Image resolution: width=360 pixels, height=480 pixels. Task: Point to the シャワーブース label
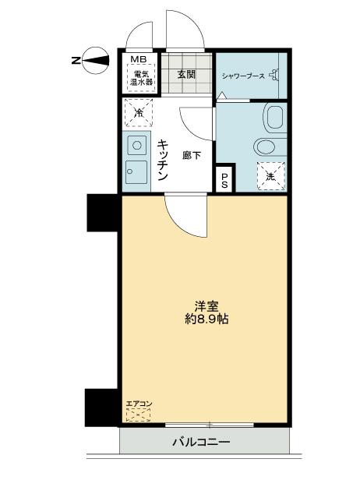point(244,76)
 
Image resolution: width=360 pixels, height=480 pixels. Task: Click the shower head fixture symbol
point(280,76)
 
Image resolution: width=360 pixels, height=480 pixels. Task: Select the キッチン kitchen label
point(163,161)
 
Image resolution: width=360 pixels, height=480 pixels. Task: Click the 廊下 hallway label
point(192,155)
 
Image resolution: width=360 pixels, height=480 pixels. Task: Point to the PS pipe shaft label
point(224,181)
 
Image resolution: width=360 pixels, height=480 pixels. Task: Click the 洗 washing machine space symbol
point(270,174)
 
